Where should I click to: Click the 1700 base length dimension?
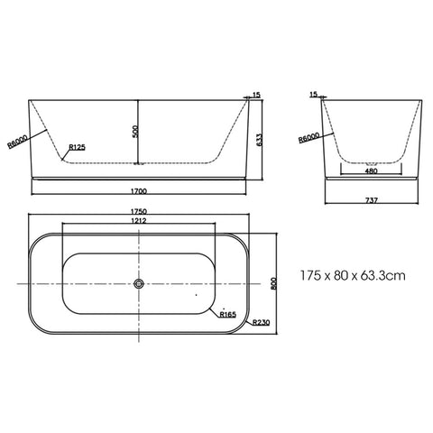tap(138, 191)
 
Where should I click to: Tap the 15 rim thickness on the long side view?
tap(256, 94)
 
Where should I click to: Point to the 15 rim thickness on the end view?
tap(313, 94)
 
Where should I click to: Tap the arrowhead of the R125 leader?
tap(61, 159)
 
